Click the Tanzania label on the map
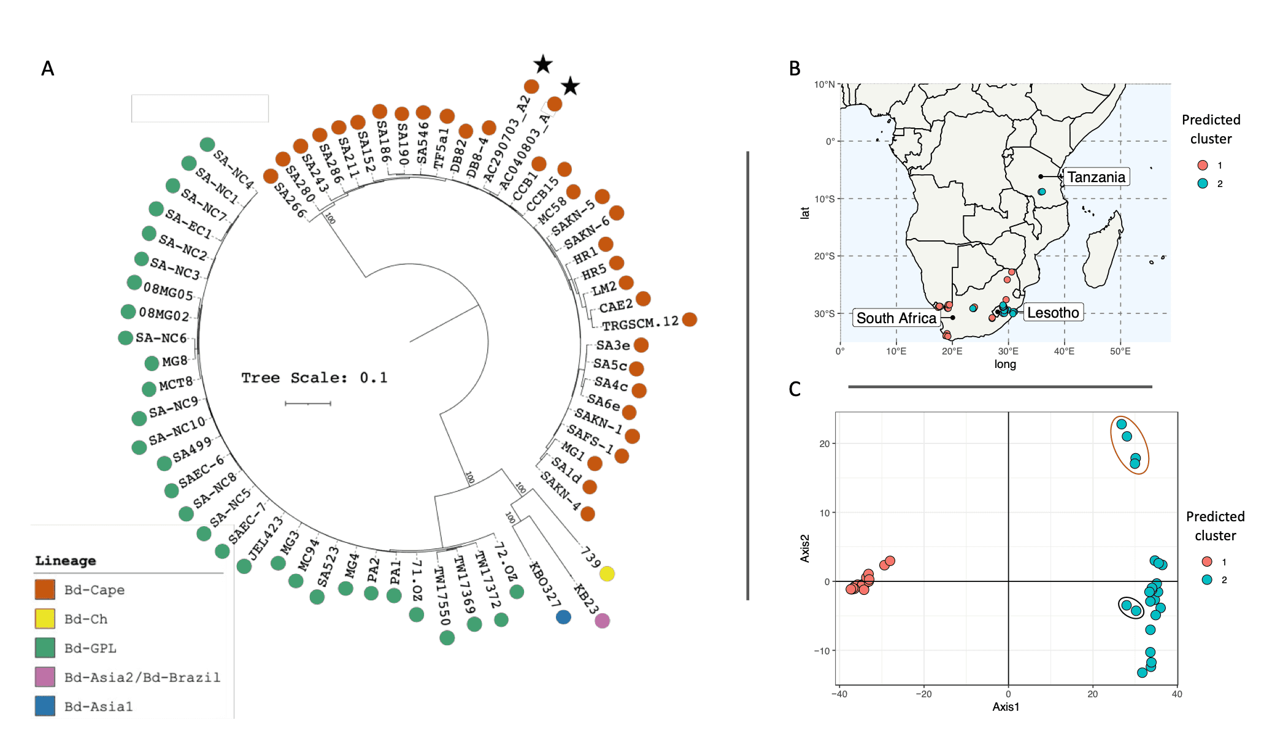[1096, 177]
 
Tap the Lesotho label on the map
[1053, 313]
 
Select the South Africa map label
[896, 318]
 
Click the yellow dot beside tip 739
[607, 573]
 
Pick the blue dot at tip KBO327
[563, 617]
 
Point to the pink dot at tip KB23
[603, 621]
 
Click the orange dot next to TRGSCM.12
[690, 320]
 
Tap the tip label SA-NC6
[161, 338]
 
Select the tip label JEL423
[266, 538]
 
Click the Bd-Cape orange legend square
[45, 589]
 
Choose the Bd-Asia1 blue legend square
[45, 706]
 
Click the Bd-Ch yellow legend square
[45, 619]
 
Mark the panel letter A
[48, 69]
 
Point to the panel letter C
[795, 389]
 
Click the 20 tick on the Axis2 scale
[824, 443]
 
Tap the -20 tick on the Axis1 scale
[923, 694]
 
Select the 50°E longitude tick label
[1120, 351]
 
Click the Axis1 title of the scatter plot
[1006, 707]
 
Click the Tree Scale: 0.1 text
[314, 378]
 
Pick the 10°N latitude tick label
[824, 85]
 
